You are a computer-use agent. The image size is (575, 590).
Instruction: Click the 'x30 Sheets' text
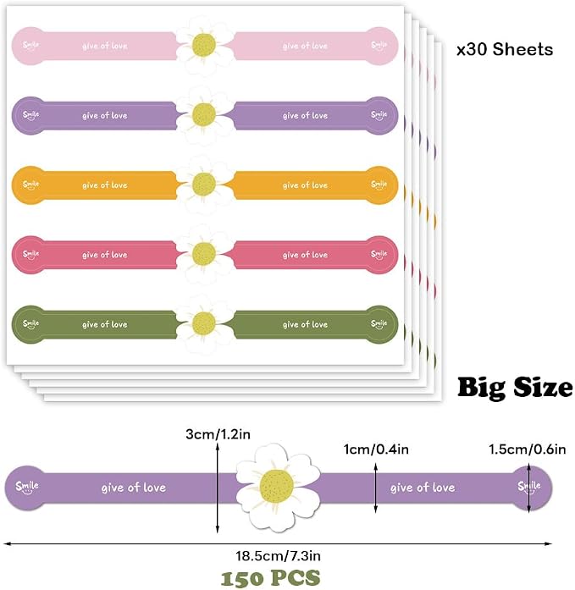tap(505, 49)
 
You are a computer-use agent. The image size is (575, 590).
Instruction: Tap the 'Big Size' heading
tap(515, 387)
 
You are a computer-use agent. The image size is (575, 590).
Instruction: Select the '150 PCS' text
tap(270, 578)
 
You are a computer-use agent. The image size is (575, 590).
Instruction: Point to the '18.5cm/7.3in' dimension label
tap(278, 556)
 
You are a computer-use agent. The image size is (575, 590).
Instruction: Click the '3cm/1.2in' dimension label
tap(218, 434)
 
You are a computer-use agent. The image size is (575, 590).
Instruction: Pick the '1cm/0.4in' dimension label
tap(376, 449)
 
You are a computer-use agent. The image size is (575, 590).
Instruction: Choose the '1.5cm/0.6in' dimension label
tap(528, 449)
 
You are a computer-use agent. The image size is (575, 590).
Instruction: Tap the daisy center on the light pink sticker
tap(204, 45)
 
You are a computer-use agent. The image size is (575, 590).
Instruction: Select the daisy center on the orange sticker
tap(204, 184)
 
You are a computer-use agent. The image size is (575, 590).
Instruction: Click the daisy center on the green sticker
tap(204, 323)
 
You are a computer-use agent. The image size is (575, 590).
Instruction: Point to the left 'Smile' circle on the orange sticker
tap(30, 185)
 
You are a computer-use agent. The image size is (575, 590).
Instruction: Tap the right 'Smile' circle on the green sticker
tap(379, 324)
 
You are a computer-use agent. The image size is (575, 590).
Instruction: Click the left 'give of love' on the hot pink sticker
tap(105, 255)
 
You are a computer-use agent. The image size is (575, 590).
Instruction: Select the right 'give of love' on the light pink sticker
tap(305, 46)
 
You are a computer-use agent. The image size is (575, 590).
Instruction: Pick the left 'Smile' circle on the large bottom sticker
tap(27, 488)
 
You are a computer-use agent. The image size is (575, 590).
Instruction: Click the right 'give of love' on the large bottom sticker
tap(423, 488)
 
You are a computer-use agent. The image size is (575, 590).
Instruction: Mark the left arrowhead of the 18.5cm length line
tap(4, 543)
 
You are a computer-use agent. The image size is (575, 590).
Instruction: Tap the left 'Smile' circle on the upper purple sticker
tap(30, 115)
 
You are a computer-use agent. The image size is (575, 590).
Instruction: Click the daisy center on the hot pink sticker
tap(204, 254)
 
